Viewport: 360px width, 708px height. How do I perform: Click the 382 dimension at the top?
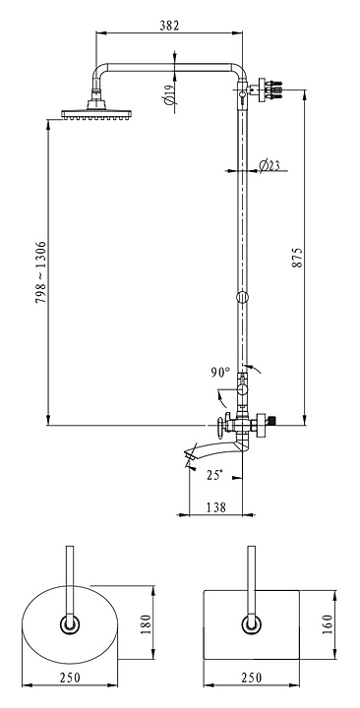click(x=169, y=26)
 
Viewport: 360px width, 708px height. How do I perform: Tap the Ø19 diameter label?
click(x=169, y=94)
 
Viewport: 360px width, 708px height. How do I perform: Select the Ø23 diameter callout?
click(x=270, y=166)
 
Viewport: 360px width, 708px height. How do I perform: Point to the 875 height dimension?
click(x=297, y=258)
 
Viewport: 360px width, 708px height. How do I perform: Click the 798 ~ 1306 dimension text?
click(x=40, y=271)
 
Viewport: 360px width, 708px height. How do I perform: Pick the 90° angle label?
click(x=220, y=373)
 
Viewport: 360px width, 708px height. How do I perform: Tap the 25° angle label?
click(x=214, y=475)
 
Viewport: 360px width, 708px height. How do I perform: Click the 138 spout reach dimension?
click(x=216, y=507)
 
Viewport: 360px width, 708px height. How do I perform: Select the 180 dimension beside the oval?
click(x=146, y=624)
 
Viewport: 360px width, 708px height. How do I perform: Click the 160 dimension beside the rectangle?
click(x=327, y=624)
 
